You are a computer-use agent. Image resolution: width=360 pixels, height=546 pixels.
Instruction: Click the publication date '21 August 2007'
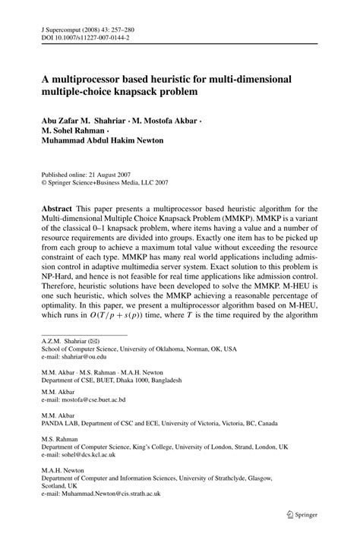tap(110, 173)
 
